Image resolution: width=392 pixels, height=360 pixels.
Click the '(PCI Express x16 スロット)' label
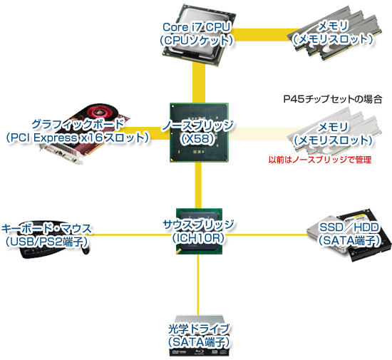coord(78,137)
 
